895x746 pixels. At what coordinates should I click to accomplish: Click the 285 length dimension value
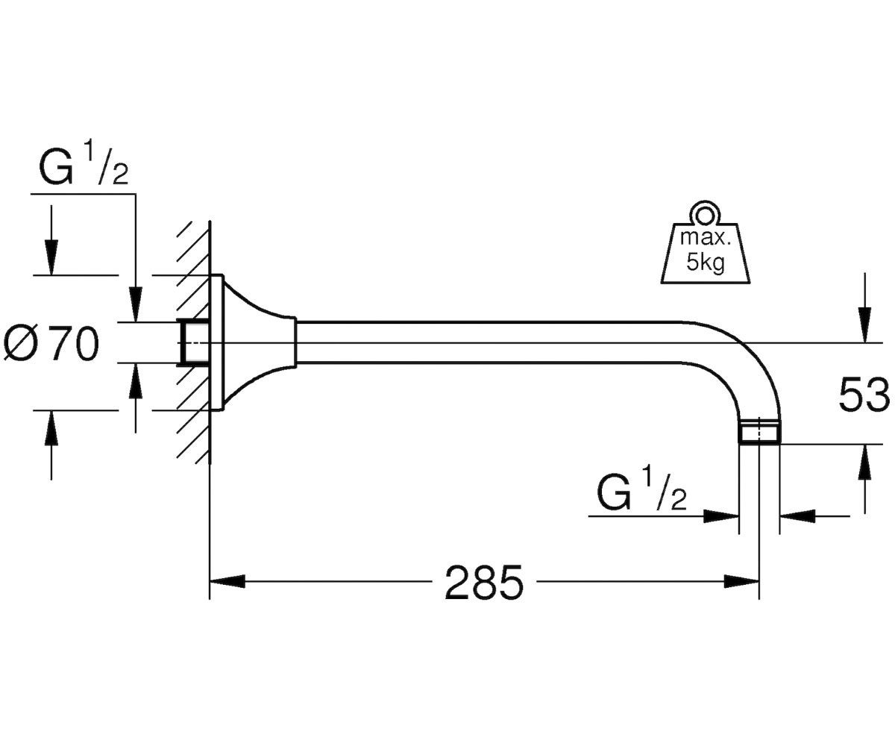(x=484, y=583)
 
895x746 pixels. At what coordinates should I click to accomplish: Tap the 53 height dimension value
(x=864, y=395)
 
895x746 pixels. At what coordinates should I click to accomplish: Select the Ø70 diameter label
(x=51, y=343)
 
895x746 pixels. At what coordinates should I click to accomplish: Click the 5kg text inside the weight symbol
(x=705, y=262)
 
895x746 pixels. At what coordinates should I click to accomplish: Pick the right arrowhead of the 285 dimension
(x=741, y=582)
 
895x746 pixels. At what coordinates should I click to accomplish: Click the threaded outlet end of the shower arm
(x=759, y=431)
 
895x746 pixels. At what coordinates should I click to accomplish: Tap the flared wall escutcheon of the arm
(x=253, y=342)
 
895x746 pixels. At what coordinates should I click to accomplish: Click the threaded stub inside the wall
(x=193, y=342)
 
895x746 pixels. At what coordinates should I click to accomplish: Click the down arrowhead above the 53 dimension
(x=865, y=325)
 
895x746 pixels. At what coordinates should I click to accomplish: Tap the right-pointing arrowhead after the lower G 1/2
(x=721, y=517)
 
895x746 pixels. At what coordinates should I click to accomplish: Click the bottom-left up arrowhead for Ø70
(x=51, y=428)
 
